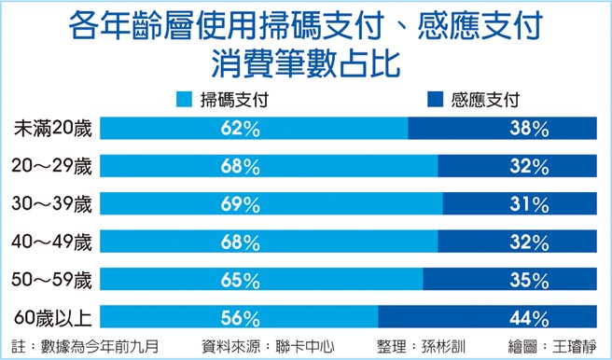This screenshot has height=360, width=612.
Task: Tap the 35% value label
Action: (528, 280)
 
